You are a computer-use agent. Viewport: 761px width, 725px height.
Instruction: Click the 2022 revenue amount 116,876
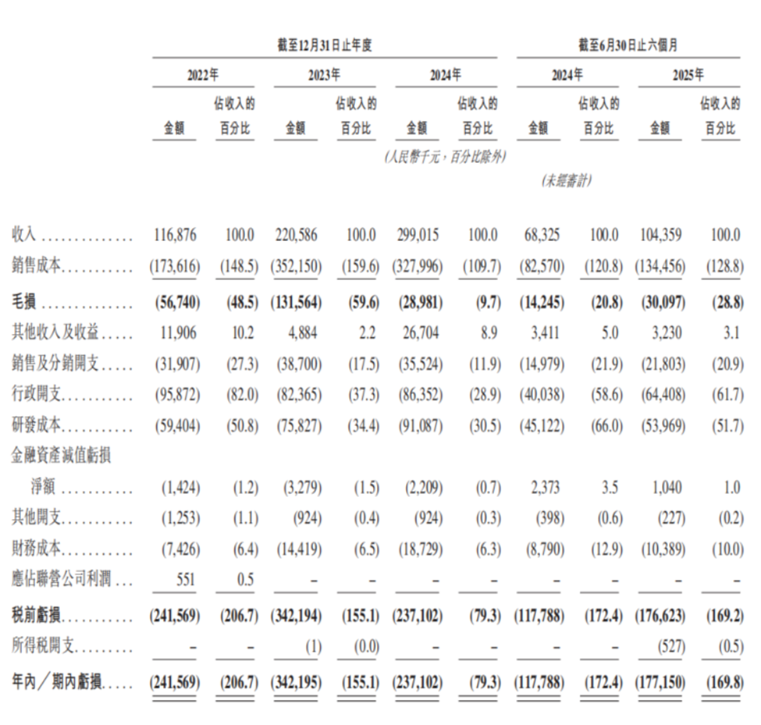pyautogui.click(x=175, y=235)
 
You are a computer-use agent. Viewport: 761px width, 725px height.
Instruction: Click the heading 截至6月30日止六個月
pyautogui.click(x=628, y=45)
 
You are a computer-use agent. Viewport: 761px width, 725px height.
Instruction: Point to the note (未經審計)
pyautogui.click(x=567, y=180)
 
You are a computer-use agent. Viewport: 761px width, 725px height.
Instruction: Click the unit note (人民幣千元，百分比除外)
pyautogui.click(x=444, y=157)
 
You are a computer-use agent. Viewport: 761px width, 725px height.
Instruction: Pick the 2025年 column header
pyautogui.click(x=688, y=76)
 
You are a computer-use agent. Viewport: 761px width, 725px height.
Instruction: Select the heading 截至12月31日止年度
pyautogui.click(x=325, y=45)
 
